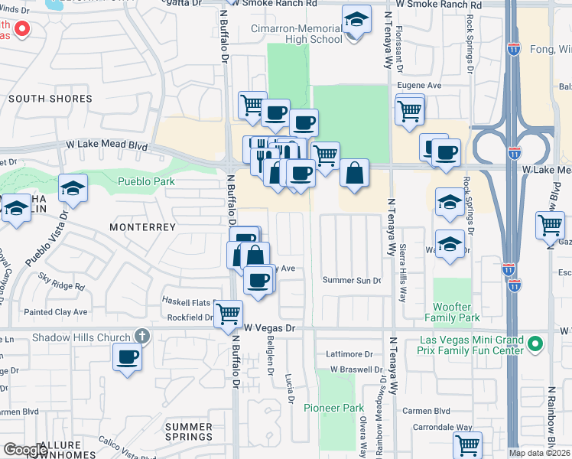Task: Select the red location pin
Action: click(22, 31)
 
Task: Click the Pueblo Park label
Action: click(146, 181)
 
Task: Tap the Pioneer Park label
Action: click(333, 408)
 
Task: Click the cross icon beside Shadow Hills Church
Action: click(141, 336)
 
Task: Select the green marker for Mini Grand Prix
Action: click(535, 345)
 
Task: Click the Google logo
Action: click(24, 450)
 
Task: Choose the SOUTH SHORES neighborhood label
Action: click(50, 99)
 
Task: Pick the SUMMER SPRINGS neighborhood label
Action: click(188, 431)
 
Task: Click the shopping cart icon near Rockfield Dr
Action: click(228, 314)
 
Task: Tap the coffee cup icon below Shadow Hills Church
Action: click(127, 356)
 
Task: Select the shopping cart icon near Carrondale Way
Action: click(466, 444)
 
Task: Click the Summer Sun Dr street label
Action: click(351, 280)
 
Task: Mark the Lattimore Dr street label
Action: click(348, 354)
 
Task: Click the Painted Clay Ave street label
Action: click(55, 312)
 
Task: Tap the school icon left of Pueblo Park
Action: click(73, 188)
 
